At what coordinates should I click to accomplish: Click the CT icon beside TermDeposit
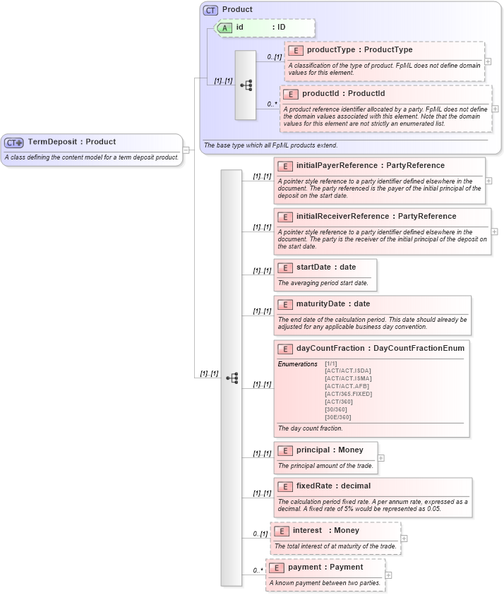(14, 142)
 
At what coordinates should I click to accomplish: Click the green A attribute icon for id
(224, 28)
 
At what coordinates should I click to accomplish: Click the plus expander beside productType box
(488, 61)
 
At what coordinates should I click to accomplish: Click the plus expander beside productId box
(495, 109)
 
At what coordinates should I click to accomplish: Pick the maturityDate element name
(320, 303)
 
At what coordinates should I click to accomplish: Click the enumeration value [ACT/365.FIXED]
(348, 394)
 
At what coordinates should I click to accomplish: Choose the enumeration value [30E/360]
(337, 417)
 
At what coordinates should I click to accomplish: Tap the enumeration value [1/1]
(331, 363)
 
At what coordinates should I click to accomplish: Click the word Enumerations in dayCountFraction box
(297, 363)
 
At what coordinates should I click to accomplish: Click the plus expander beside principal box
(381, 458)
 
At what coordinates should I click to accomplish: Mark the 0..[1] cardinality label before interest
(260, 534)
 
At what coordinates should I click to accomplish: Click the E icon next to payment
(277, 567)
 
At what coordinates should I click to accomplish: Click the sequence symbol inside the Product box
(246, 85)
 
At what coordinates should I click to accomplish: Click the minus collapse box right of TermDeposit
(186, 150)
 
